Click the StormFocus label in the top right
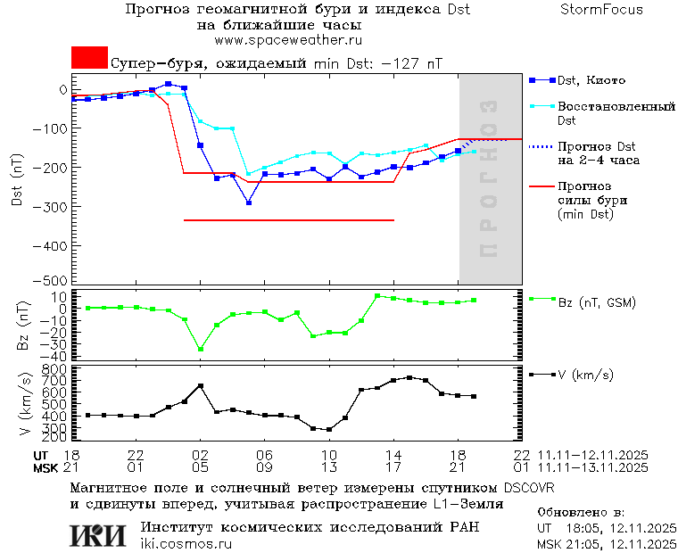(x=602, y=10)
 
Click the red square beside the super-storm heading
(x=89, y=58)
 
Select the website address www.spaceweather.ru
(x=287, y=40)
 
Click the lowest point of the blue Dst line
(x=249, y=202)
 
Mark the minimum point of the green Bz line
(x=201, y=349)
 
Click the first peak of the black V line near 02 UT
(x=201, y=385)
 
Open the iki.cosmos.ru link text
(x=186, y=544)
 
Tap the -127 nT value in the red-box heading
(x=411, y=64)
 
